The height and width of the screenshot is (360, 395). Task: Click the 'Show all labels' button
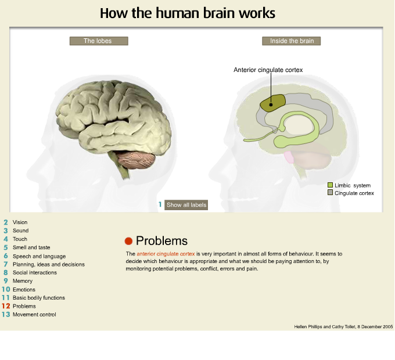tap(186, 205)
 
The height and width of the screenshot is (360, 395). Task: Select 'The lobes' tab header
tap(98, 41)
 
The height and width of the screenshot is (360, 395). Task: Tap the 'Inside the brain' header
tap(292, 41)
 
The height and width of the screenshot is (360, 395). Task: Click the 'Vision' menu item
tap(20, 222)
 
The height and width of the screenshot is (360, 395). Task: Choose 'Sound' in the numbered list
tap(20, 231)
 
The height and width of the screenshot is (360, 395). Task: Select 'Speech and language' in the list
tap(39, 256)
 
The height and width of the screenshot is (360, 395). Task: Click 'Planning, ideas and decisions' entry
tap(48, 264)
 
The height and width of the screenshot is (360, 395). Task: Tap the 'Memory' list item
tap(23, 281)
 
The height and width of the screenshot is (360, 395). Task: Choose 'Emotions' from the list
tap(24, 289)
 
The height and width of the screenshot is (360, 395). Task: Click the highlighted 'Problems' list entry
tap(24, 306)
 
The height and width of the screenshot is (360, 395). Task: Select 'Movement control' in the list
tap(34, 314)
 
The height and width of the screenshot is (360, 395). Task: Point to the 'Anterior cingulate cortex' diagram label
tap(268, 70)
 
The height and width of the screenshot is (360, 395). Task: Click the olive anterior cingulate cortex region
tap(272, 103)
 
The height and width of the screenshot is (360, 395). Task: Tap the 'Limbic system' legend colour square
tap(330, 185)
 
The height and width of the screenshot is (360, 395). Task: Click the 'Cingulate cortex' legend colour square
tap(330, 192)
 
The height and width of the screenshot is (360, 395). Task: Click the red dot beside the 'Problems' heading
tap(129, 241)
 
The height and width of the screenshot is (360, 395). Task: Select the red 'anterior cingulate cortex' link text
tap(166, 254)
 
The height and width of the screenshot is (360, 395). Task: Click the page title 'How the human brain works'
tap(187, 13)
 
